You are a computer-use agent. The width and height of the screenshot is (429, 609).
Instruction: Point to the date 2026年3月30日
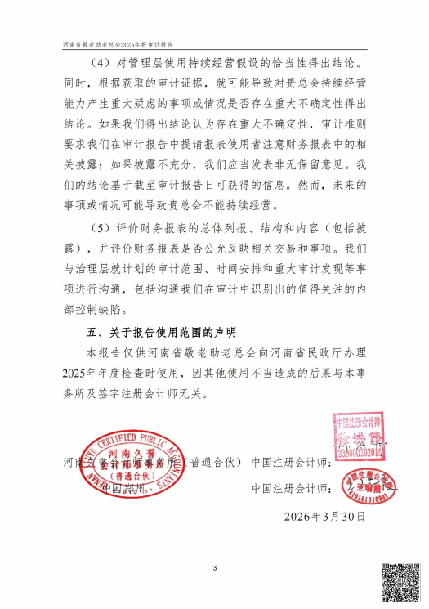[325, 517]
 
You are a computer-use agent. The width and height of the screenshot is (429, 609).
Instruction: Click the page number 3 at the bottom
[214, 569]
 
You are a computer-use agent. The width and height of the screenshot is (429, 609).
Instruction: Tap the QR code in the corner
[403, 582]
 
